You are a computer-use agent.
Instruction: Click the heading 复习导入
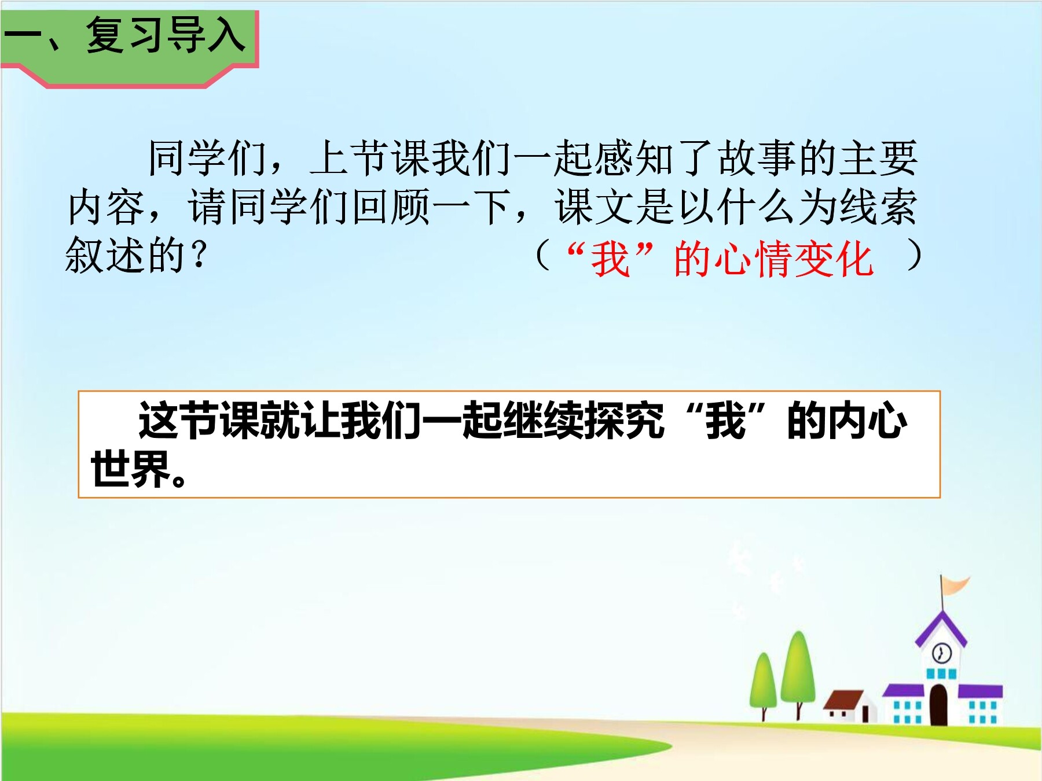click(x=166, y=35)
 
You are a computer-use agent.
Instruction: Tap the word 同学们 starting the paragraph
click(x=207, y=159)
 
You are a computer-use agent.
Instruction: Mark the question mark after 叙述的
click(x=197, y=255)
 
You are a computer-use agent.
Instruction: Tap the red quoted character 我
click(x=610, y=259)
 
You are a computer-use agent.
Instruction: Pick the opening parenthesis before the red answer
click(x=542, y=256)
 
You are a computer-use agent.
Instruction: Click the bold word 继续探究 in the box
click(x=583, y=421)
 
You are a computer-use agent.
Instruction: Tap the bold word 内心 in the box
click(x=867, y=421)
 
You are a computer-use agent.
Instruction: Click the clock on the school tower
click(x=941, y=654)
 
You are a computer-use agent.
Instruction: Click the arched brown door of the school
click(x=938, y=705)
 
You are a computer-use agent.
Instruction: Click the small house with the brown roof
click(x=850, y=706)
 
